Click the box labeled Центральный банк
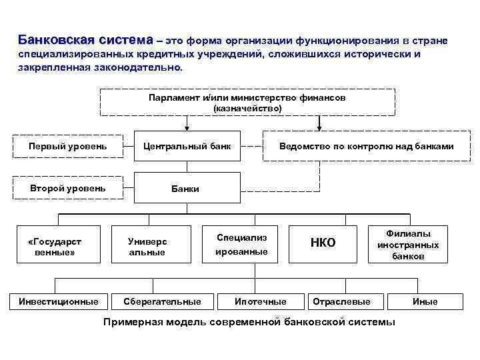(187, 146)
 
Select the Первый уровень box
(67, 146)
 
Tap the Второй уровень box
(67, 188)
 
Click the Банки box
(187, 189)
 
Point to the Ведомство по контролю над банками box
(366, 146)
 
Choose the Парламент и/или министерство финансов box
(247, 103)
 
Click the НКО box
(323, 243)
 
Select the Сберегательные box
(162, 301)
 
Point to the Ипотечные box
(260, 301)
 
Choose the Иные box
(425, 301)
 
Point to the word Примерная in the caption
(128, 322)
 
